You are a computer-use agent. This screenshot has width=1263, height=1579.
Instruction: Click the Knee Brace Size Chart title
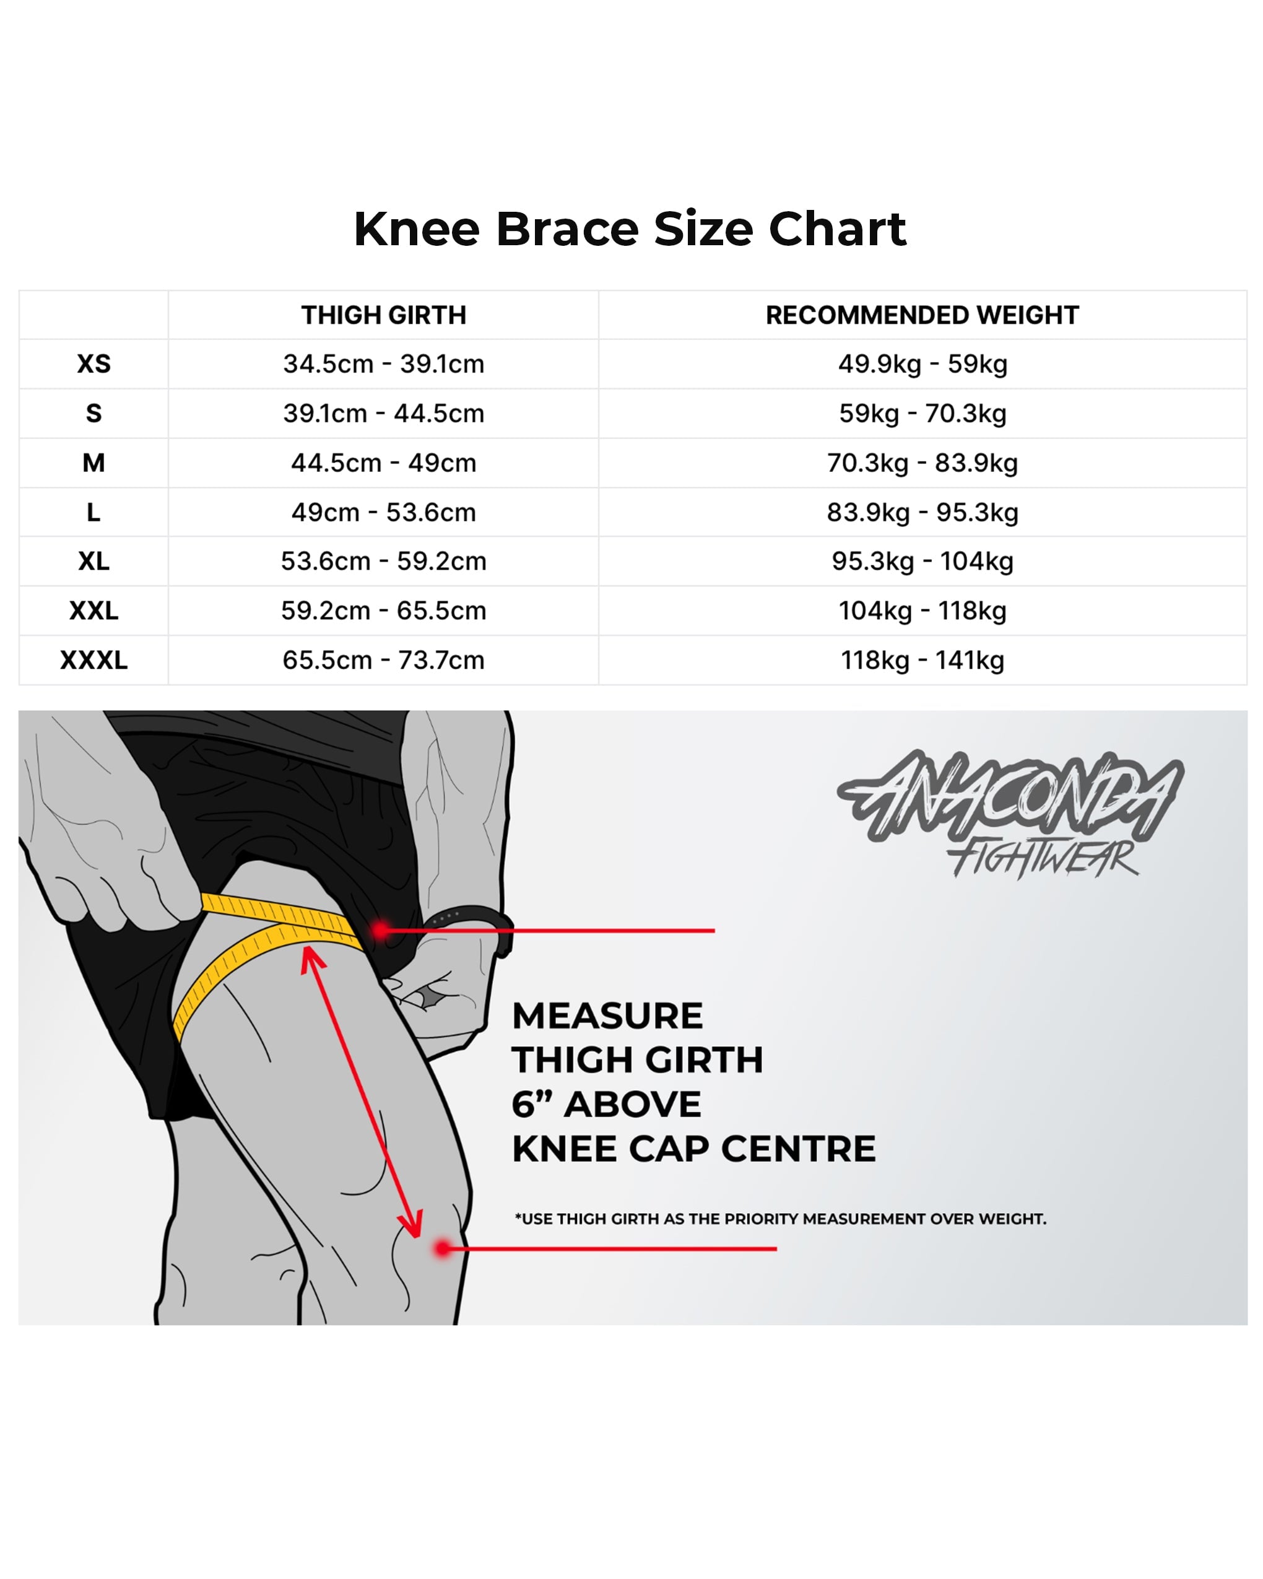coord(630,229)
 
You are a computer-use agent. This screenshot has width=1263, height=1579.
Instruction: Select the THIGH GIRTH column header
coord(384,315)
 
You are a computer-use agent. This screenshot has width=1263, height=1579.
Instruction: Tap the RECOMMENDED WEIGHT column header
coord(922,315)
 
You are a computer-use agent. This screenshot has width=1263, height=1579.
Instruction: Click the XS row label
coord(93,364)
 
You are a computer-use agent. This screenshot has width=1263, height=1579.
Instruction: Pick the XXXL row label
coord(93,660)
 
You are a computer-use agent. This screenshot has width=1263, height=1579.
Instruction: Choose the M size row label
coord(93,463)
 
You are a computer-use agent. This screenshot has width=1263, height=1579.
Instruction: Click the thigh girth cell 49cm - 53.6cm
coord(384,512)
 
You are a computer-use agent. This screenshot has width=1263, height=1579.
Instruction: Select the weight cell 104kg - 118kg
coord(922,610)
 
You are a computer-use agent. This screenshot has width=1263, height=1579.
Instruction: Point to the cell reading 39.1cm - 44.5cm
coord(384,413)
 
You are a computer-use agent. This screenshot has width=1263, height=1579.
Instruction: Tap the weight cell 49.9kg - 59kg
coord(922,364)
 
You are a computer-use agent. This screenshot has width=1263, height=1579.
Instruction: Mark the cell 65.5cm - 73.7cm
coord(384,660)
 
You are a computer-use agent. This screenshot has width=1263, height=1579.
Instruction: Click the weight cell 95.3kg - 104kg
coord(922,561)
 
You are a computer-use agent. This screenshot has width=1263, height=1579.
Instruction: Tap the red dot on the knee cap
coord(442,1249)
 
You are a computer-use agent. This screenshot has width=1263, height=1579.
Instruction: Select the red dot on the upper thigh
coord(381,931)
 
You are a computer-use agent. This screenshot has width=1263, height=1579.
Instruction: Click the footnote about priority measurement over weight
coord(781,1219)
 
